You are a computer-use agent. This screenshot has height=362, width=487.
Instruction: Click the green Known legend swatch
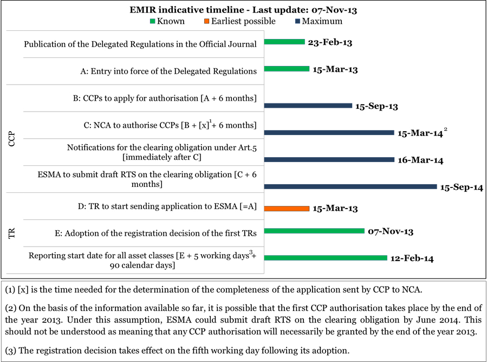152,22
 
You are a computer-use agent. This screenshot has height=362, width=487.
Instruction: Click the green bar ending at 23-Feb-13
284,42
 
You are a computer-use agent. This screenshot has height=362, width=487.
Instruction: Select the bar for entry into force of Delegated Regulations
287,69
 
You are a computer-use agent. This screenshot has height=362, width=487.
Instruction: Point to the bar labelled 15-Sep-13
308,106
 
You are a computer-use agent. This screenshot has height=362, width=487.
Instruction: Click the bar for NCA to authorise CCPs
329,132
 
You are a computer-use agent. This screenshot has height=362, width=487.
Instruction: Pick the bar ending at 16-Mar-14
329,159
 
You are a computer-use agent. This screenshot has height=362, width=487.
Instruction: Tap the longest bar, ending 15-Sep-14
350,186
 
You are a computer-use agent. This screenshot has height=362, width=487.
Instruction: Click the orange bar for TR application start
287,208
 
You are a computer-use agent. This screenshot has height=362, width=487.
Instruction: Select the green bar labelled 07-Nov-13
314,231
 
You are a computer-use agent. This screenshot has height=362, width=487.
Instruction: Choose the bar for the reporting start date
326,258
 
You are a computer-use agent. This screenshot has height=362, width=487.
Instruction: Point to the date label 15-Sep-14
462,188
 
